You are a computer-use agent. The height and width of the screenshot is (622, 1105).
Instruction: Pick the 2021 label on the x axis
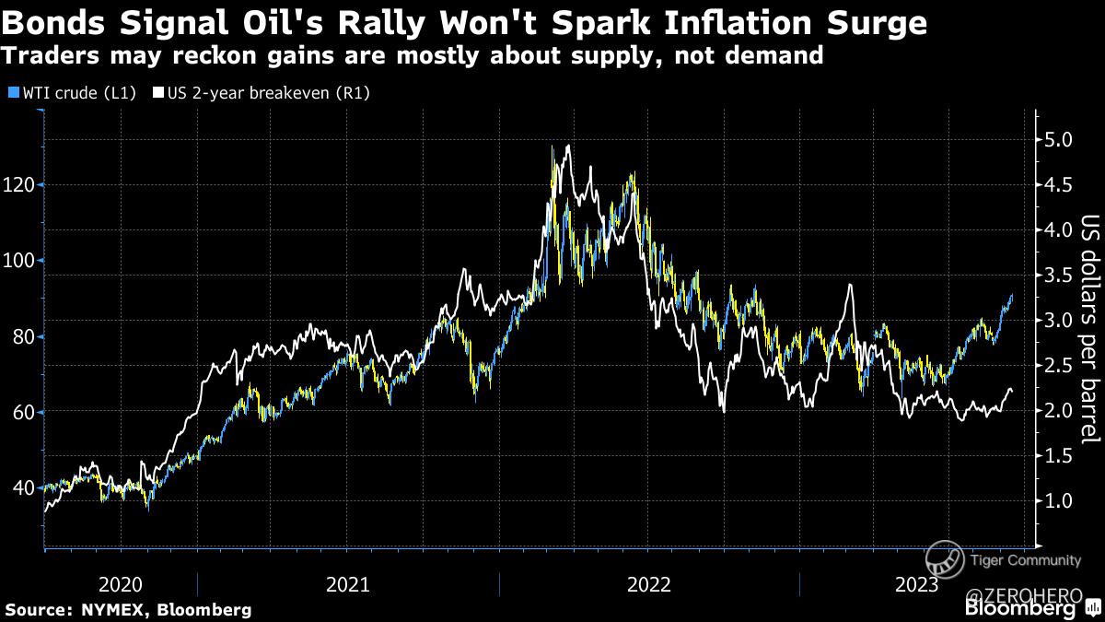[348, 584]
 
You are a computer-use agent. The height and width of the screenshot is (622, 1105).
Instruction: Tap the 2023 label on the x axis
[916, 584]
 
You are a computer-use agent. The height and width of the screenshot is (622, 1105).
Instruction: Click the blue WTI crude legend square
[11, 93]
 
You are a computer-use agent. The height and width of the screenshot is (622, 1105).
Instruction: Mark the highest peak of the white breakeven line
[568, 146]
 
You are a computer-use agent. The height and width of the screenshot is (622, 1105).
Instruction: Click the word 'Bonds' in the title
[54, 22]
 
